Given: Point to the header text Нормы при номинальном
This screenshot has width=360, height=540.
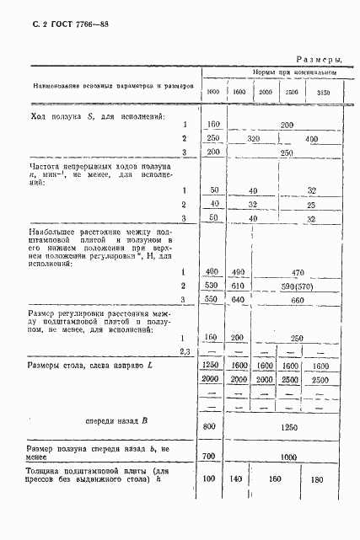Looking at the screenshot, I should click(x=293, y=74).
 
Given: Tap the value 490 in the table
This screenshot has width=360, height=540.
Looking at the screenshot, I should click(x=239, y=271).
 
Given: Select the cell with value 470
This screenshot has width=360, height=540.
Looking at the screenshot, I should click(x=297, y=271).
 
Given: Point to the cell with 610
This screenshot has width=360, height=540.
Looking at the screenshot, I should click(x=239, y=286).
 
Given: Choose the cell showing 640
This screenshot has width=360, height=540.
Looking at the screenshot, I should click(x=239, y=301).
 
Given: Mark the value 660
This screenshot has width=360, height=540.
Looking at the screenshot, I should click(x=297, y=301).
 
